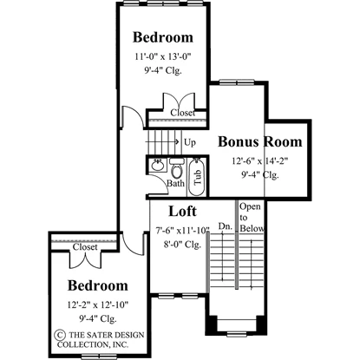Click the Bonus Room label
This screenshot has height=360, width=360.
[x=259, y=141]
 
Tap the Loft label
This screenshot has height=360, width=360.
[x=182, y=212]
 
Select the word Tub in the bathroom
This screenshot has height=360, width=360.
[x=198, y=177]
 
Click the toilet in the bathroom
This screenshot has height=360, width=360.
[x=176, y=168]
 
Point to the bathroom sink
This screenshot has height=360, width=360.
[x=157, y=166]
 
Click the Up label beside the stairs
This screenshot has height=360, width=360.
[x=190, y=142]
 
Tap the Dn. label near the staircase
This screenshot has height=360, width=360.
[x=226, y=226]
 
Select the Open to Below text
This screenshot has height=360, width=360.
[x=252, y=217]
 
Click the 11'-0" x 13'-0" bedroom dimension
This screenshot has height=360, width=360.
[x=163, y=56]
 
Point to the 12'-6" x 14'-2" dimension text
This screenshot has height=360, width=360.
[x=259, y=160]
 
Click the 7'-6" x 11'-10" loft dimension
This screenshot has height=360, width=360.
[x=182, y=231]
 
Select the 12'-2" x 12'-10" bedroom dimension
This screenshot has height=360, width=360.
[x=98, y=304]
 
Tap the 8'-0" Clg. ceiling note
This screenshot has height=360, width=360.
[x=182, y=245]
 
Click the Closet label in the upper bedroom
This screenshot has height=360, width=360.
[x=182, y=113]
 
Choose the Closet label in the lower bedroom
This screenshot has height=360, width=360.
[x=85, y=247]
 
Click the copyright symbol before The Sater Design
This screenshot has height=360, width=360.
[x=60, y=335]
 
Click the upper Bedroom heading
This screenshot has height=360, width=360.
[x=163, y=37]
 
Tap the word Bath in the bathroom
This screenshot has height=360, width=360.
[x=175, y=183]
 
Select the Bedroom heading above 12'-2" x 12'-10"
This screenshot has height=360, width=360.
[x=98, y=285]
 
